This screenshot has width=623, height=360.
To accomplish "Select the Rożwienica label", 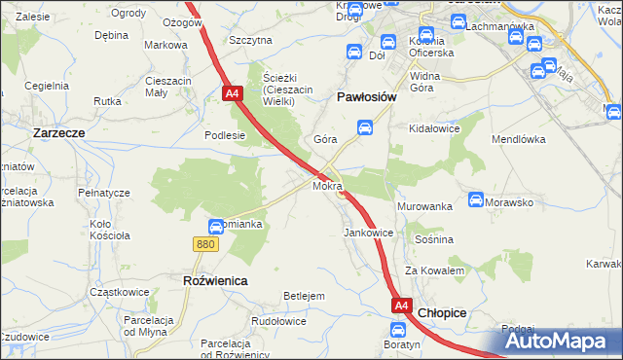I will (x=215, y=280).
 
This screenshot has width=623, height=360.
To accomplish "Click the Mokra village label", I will (x=327, y=185).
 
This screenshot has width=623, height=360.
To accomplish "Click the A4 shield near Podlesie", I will (x=232, y=94).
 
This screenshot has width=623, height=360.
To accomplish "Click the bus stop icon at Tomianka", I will (x=215, y=227).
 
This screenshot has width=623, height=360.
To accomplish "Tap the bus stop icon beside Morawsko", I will (x=476, y=200).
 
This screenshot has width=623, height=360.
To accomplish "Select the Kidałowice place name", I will (x=435, y=128).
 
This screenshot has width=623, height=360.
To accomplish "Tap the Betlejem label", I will (x=303, y=296).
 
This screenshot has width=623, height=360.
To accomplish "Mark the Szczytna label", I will (x=250, y=41).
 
